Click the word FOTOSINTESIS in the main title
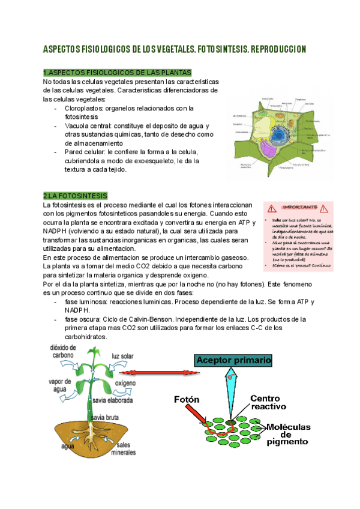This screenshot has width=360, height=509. (209, 48)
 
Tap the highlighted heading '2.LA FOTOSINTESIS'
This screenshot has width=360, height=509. (75, 196)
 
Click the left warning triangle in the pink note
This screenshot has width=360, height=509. (272, 208)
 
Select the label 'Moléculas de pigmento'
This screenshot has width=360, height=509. (287, 434)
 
